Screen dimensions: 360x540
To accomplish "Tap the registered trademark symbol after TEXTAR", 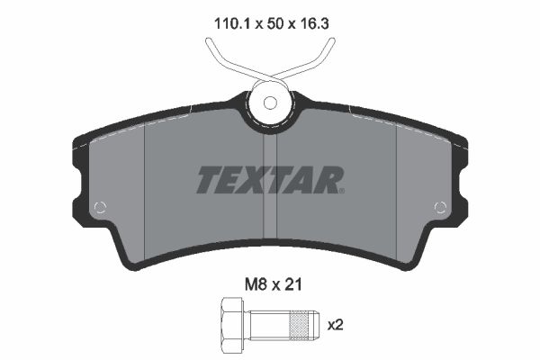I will click(340, 190).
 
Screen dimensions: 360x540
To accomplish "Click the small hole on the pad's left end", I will click(100, 207).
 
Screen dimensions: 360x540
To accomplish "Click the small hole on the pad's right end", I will click(440, 207).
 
